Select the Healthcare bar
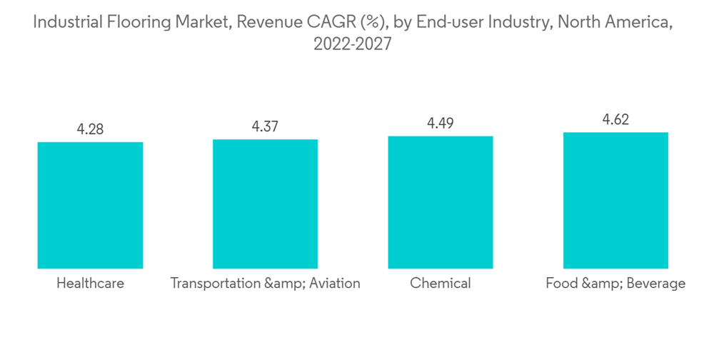point(90,205)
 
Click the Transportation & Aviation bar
point(265,204)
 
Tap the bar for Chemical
point(441,202)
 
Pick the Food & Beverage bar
point(615,200)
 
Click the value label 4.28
point(90,129)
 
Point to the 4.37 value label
point(265,126)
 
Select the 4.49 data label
point(441,124)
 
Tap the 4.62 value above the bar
point(615,120)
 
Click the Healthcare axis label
point(90,284)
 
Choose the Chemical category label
point(441,284)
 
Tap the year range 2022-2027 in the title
point(353,44)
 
